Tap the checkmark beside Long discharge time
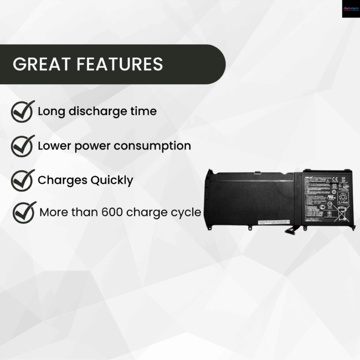coord(23,111)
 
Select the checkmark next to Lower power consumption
coord(23,146)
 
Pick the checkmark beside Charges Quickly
coord(23,180)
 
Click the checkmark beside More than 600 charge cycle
coord(24,212)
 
